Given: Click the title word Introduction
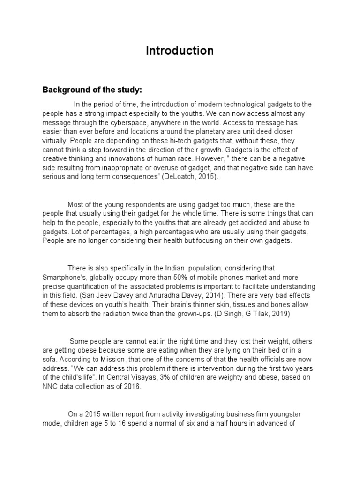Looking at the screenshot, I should tap(180, 51).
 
